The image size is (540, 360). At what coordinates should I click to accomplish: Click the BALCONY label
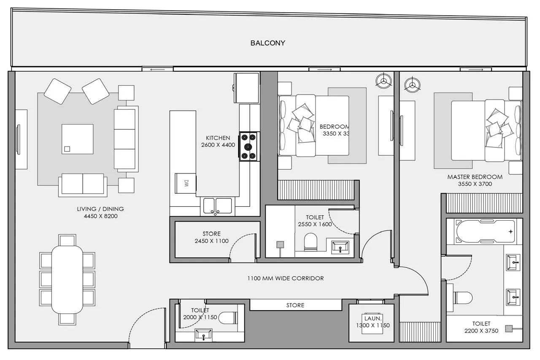coord(267,43)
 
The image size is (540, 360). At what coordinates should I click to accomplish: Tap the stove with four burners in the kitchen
coord(249,146)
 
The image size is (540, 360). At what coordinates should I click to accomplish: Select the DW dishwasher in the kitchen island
coord(185,184)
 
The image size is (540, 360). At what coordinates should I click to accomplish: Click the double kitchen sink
coord(217,206)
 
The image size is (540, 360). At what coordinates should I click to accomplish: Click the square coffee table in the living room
coord(78,139)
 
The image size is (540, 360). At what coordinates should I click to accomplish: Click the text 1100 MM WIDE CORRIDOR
coord(286,279)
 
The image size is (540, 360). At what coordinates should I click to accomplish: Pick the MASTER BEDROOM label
coord(475,177)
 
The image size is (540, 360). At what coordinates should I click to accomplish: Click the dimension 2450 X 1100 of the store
coord(211,241)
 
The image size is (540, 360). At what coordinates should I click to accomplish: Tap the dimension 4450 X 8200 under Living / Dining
coord(100,216)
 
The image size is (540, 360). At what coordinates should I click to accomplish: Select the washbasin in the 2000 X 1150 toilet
coord(204,336)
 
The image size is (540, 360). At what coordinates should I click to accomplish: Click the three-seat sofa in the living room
coord(126,139)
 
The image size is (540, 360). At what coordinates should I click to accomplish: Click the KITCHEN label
coord(218,138)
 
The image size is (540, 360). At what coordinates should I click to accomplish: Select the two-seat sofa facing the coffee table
coord(82,184)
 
